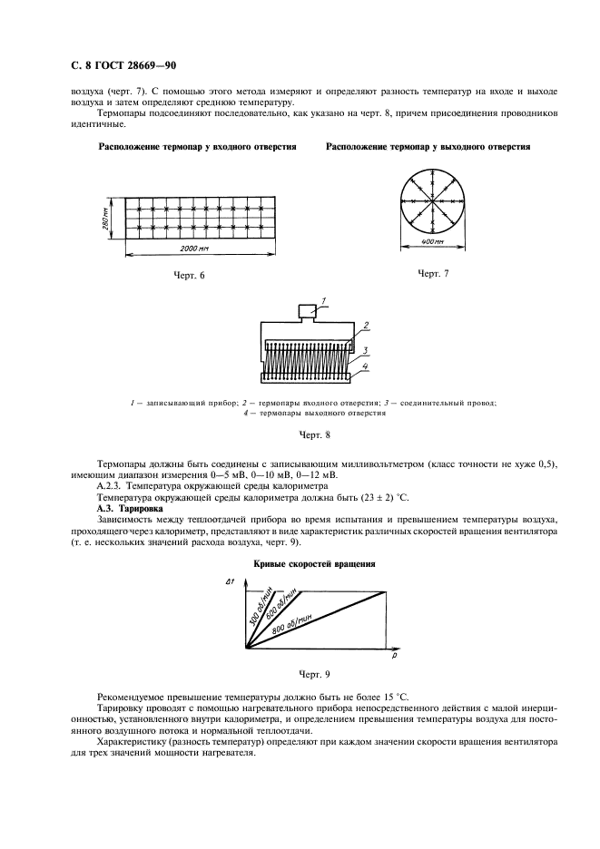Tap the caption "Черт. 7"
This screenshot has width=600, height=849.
click(x=433, y=273)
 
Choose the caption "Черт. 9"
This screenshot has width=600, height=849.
click(x=300, y=675)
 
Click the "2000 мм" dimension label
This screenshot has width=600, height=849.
click(x=195, y=248)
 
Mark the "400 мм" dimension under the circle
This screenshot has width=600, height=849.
click(x=433, y=241)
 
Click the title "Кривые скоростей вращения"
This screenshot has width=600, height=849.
click(x=300, y=563)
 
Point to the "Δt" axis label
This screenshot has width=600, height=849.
click(x=230, y=581)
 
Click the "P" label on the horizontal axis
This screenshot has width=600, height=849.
click(x=397, y=651)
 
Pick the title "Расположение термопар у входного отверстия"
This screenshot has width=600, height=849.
click(x=198, y=146)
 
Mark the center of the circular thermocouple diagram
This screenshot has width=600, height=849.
click(x=433, y=199)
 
